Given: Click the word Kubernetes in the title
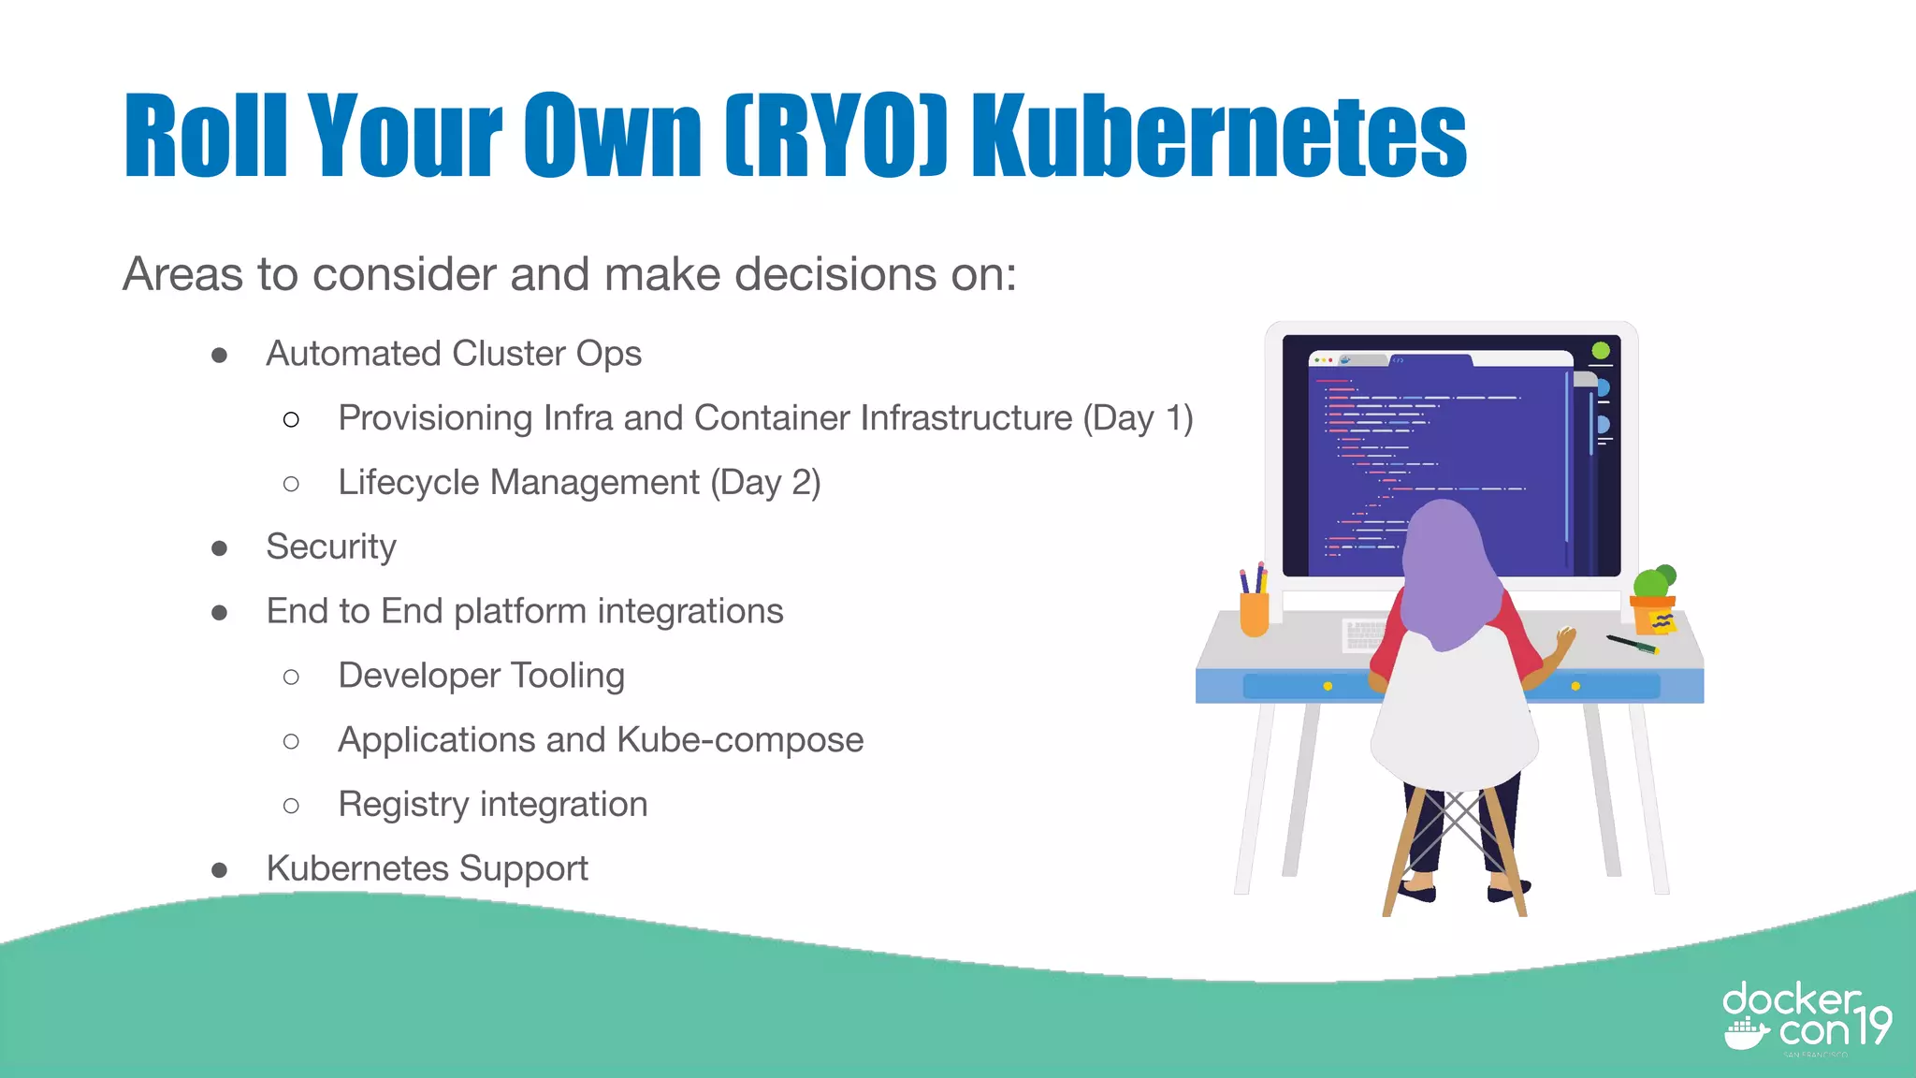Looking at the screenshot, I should click(1218, 136).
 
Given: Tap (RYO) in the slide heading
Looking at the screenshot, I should click(837, 136).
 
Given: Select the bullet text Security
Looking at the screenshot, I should click(331, 546).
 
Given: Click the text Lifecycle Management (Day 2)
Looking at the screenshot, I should click(579, 483).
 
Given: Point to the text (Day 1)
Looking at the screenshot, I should click(1138, 418).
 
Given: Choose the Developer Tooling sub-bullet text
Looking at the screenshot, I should click(481, 676).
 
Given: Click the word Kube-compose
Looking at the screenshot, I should click(740, 740).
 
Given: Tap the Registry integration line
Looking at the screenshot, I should click(492, 805).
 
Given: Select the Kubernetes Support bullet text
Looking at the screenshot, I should click(427, 868).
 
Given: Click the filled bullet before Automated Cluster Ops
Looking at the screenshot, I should click(220, 355).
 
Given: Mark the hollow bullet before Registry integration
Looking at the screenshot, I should click(291, 806).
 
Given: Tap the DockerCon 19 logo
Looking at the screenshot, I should click(1806, 1020).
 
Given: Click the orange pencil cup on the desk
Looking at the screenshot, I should click(1254, 613).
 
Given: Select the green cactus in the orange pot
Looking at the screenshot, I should click(1653, 582).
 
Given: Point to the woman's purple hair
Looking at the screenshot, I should click(1445, 571).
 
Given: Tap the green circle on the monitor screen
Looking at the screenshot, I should click(1601, 351).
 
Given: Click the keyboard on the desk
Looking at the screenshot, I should click(1364, 634).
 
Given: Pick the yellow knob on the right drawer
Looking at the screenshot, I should click(1575, 687).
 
